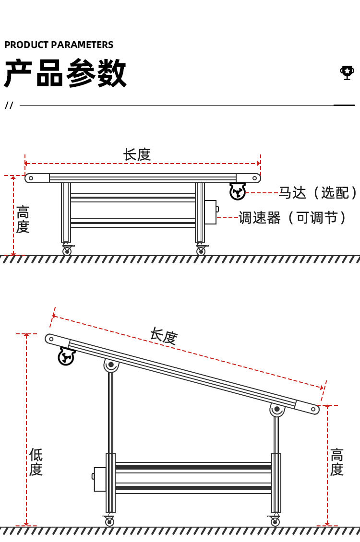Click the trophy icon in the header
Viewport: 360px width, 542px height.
[347, 72]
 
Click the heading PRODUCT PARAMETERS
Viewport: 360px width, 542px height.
[59, 45]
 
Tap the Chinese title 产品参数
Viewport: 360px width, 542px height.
[65, 73]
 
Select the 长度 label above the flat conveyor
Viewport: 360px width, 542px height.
[137, 154]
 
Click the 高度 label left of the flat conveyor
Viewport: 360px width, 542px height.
[23, 219]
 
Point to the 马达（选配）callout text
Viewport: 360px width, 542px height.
[318, 193]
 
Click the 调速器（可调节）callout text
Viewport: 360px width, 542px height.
[293, 218]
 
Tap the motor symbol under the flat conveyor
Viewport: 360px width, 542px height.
[238, 191]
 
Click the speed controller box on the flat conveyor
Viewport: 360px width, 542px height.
[211, 212]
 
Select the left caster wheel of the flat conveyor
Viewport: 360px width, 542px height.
[67, 251]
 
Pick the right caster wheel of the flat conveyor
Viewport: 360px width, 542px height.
[201, 251]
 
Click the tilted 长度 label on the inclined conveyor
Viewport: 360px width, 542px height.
[164, 336]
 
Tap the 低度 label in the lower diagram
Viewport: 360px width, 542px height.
[36, 462]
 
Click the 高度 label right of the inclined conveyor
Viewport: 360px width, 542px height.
[337, 462]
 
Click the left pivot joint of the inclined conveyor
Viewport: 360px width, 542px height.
[111, 365]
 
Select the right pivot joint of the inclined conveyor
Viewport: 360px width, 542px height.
[277, 409]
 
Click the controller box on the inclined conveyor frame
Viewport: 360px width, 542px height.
[100, 479]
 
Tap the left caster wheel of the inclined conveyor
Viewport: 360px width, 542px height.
[110, 521]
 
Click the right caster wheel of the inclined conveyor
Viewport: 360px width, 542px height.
[275, 521]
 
